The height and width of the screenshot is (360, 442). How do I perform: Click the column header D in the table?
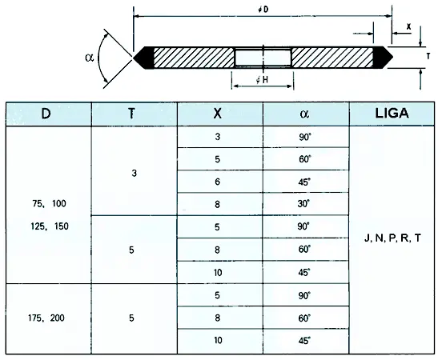tap(46, 114)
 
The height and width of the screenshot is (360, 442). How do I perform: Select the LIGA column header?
tap(392, 114)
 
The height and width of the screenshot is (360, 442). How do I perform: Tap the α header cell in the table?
tap(306, 114)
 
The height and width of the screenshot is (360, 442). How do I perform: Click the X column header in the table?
tap(217, 114)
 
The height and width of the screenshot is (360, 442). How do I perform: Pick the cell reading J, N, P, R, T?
tap(392, 238)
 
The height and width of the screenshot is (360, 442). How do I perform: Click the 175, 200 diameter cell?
tap(46, 318)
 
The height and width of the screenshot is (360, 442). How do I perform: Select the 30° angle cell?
tap(304, 203)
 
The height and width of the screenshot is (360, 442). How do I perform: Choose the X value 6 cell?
tap(217, 182)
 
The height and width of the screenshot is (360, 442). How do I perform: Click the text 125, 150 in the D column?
tap(50, 226)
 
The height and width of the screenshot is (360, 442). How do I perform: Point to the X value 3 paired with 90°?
tap(217, 137)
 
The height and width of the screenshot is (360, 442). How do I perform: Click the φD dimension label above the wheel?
tap(263, 10)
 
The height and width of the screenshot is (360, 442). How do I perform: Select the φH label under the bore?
tap(262, 80)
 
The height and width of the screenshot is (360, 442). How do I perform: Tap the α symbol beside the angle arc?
tap(90, 58)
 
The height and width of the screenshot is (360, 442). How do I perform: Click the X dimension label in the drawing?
tap(408, 26)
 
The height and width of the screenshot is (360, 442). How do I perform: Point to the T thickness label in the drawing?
tap(428, 56)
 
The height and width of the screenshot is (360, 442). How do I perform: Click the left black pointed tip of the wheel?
tap(134, 58)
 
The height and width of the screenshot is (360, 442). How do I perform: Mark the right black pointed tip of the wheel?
tap(392, 57)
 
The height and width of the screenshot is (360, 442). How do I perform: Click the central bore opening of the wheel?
tap(263, 58)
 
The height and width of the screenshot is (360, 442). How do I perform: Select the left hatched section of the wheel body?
tap(194, 58)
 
